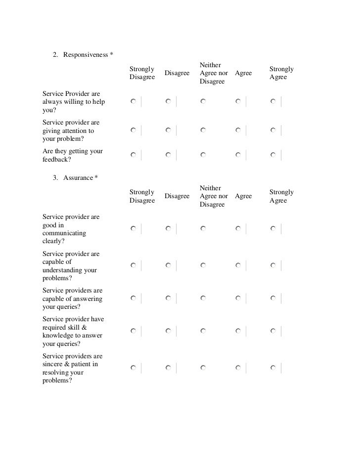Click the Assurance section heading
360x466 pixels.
point(78,177)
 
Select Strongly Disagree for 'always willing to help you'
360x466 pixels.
point(134,101)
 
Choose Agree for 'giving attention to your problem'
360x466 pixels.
point(238,130)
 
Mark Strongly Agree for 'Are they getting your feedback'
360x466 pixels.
point(273,155)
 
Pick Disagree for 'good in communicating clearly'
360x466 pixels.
point(169,229)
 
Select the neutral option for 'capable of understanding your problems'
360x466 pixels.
point(203,265)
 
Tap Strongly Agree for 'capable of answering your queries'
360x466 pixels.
point(273,298)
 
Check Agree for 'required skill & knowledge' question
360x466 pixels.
point(238,331)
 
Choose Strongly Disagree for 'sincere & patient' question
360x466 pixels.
point(134,368)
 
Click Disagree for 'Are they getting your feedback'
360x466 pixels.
point(169,155)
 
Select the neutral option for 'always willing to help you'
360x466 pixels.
point(203,101)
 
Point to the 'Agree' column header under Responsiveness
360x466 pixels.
point(243,73)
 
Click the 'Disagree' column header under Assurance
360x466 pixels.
point(177,196)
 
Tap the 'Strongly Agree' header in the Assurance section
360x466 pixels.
point(281,196)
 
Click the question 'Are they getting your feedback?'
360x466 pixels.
point(73,155)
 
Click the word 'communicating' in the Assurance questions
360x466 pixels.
point(64,233)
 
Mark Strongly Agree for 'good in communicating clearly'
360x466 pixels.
point(273,229)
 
